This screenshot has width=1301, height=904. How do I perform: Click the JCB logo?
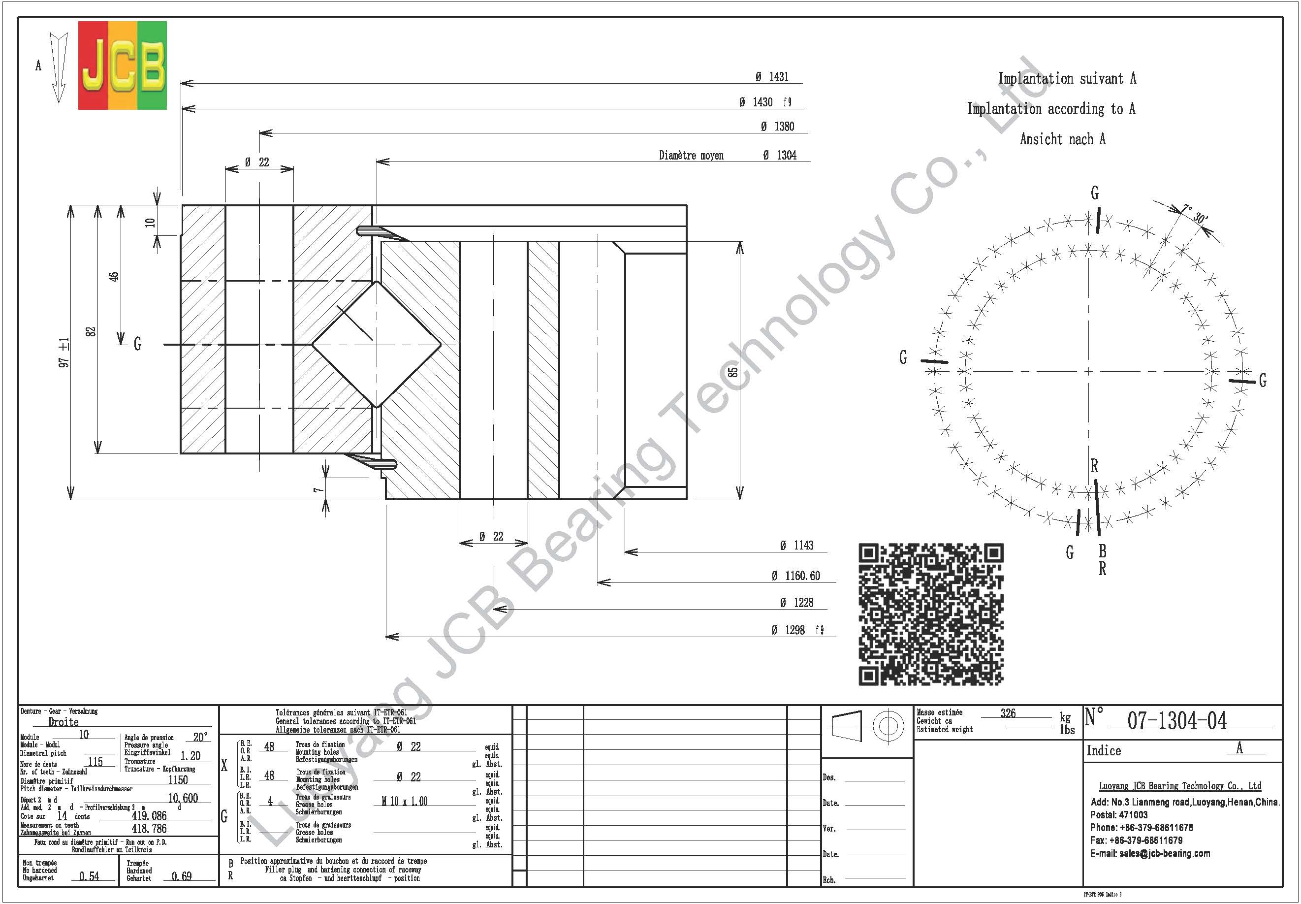coord(122,65)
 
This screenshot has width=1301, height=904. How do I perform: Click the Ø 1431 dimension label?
coord(772,76)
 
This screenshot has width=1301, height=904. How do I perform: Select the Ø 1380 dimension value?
coord(778,127)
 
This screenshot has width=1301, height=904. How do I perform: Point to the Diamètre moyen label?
coord(691,155)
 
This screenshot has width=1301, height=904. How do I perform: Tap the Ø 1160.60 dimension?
coord(795,576)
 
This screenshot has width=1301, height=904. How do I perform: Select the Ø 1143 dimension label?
coord(796,545)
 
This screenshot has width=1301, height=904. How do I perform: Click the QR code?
coord(931,614)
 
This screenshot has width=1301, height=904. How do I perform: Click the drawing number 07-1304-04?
coord(1176,720)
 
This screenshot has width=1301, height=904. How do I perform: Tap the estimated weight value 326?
coord(1008,713)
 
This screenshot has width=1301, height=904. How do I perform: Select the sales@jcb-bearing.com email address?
coord(1165,853)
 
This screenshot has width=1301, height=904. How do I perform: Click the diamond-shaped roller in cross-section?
coord(376,344)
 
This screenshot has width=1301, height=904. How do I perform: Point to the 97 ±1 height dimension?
coord(64,353)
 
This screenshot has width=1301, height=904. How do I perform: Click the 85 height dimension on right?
coord(732,372)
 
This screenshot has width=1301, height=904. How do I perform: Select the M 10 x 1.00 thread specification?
coord(404,801)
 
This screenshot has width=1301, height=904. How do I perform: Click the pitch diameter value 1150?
coord(178,779)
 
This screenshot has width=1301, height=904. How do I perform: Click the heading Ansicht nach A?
coord(1062,139)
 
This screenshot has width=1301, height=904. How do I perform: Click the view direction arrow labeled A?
coord(58,67)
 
